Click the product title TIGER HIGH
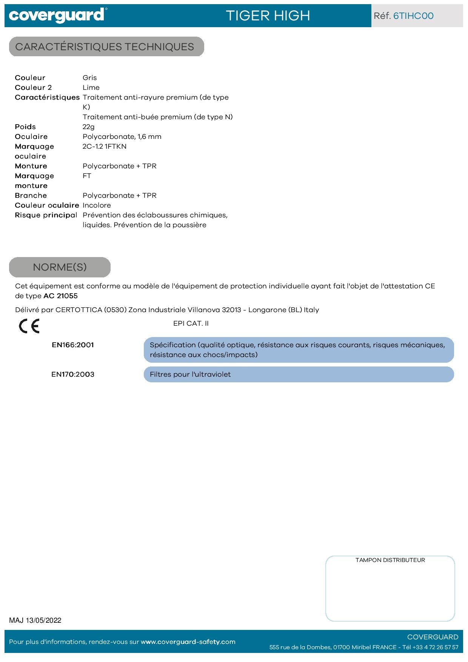[x=268, y=16]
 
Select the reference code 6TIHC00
[x=413, y=16]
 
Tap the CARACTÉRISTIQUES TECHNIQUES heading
[x=105, y=47]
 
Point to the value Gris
[x=89, y=78]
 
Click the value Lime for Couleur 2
[x=91, y=88]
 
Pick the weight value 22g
[x=88, y=127]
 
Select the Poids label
[x=25, y=127]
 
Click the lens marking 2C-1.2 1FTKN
[x=105, y=146]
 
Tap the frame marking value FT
[x=87, y=176]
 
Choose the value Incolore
[x=97, y=205]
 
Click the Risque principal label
[x=46, y=215]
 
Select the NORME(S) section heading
[x=60, y=267]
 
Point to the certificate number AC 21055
[x=60, y=296]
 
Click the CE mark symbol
[x=29, y=326]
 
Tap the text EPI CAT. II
[x=191, y=323]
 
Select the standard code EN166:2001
[x=73, y=345]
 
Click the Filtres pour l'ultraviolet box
[x=298, y=374]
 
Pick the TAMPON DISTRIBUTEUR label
[x=390, y=560]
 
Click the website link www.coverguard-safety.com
[x=188, y=642]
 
